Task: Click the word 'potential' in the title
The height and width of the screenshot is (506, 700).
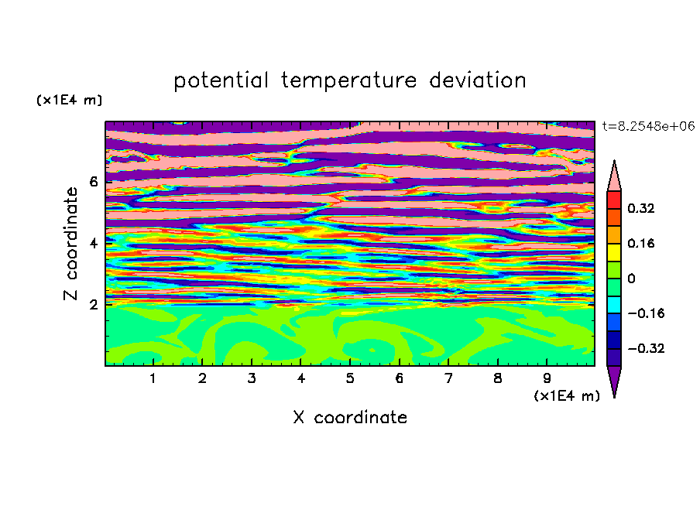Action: [x=221, y=81]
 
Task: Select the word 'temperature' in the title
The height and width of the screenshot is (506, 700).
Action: [x=349, y=81]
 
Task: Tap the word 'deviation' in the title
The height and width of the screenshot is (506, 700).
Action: [x=478, y=80]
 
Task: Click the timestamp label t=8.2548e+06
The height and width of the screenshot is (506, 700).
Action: [x=648, y=126]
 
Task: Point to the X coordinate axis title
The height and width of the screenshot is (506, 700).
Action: [x=350, y=417]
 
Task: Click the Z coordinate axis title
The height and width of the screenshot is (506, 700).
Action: [x=71, y=243]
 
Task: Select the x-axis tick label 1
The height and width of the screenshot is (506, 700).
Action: [x=153, y=378]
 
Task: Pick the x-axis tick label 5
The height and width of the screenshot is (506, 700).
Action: [x=350, y=378]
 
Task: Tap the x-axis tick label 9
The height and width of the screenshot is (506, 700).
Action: [x=547, y=378]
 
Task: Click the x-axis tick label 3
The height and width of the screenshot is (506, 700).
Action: [x=252, y=378]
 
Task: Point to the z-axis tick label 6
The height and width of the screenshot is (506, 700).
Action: [x=93, y=182]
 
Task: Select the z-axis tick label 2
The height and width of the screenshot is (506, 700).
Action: [x=93, y=305]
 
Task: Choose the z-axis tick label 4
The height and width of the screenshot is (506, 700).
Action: [x=93, y=244]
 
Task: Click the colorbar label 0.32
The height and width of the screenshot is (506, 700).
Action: [x=641, y=208]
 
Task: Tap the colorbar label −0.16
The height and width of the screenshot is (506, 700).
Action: [x=646, y=313]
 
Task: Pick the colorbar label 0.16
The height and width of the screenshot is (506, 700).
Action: [x=641, y=243]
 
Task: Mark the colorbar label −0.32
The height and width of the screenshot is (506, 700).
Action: [x=646, y=348]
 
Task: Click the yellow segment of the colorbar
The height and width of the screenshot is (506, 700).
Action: [x=614, y=252]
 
